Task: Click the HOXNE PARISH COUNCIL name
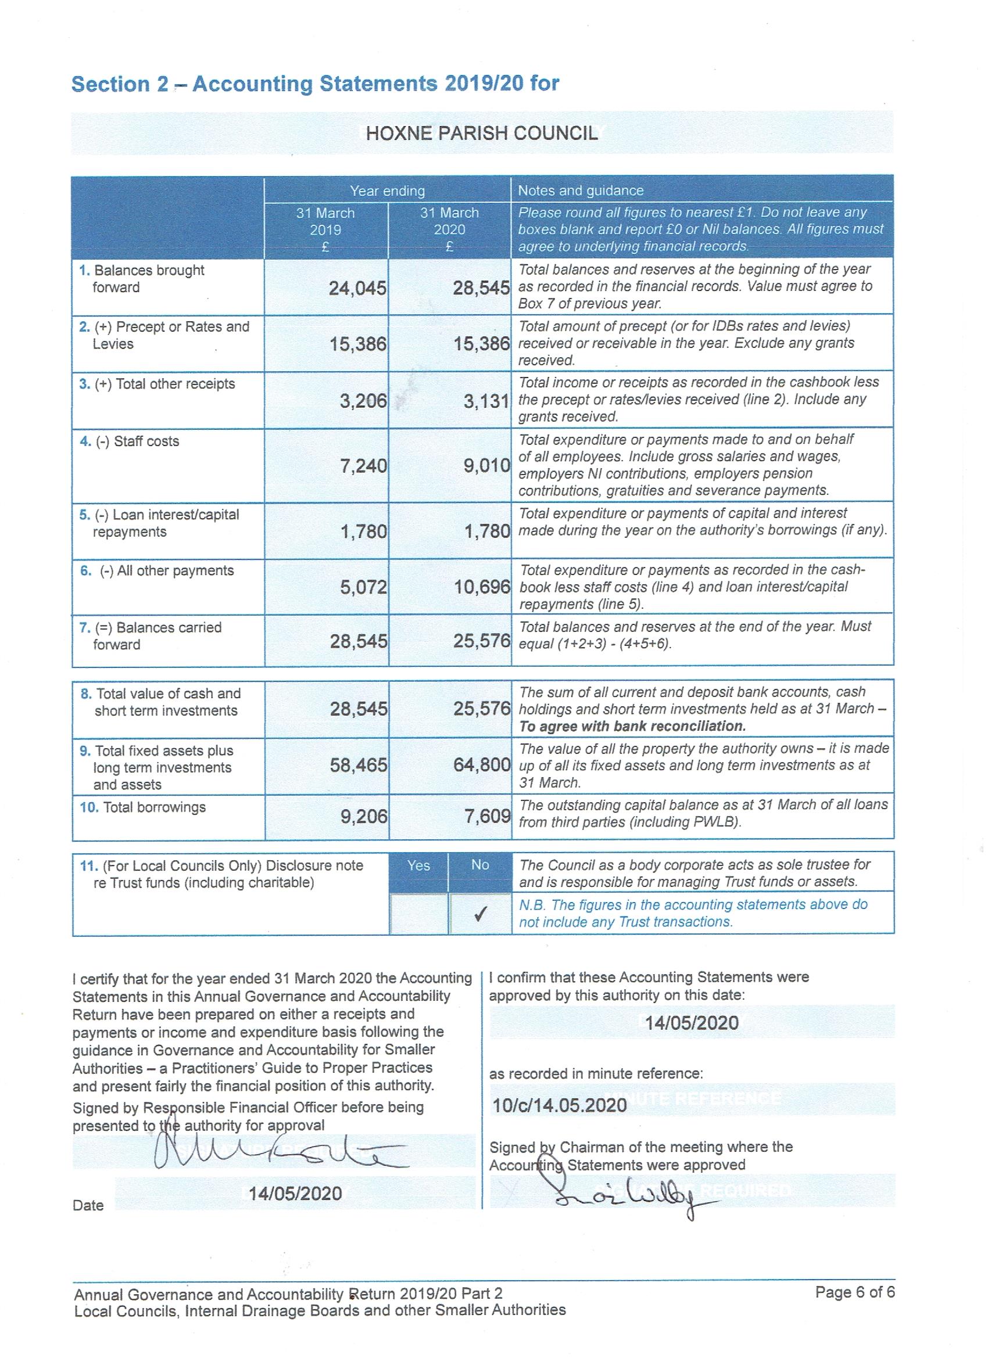point(482,133)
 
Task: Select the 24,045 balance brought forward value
point(357,289)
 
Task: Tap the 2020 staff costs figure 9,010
point(486,465)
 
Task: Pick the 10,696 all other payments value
point(482,587)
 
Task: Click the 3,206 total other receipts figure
point(363,401)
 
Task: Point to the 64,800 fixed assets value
point(482,764)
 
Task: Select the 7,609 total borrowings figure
point(487,815)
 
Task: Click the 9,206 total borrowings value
point(364,815)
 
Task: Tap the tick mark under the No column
point(479,914)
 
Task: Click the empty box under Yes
point(418,914)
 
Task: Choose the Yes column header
point(418,865)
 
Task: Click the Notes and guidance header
point(581,191)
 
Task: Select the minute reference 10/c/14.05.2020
point(559,1105)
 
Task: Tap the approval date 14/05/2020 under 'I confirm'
point(692,1022)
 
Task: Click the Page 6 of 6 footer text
point(854,1292)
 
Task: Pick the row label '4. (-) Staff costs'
point(130,441)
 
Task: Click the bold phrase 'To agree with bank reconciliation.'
point(632,726)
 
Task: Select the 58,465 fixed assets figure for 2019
point(358,764)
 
